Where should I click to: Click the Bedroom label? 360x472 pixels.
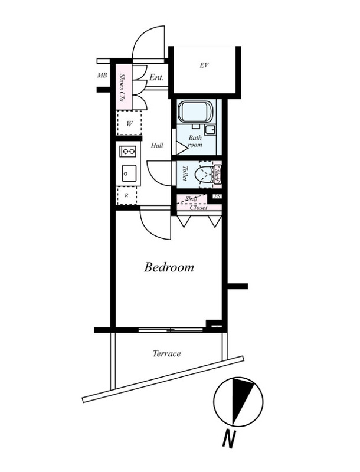click(x=169, y=267)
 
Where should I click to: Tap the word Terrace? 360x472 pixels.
click(x=167, y=353)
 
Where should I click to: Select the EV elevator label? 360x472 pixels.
click(x=204, y=65)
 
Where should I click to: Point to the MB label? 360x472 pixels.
click(x=102, y=76)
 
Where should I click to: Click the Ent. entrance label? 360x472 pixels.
click(x=156, y=77)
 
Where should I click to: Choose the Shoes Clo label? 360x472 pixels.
click(x=122, y=87)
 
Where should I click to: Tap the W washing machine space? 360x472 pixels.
click(x=129, y=123)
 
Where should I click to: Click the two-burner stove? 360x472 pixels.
click(x=128, y=151)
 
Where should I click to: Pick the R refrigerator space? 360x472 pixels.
click(x=127, y=195)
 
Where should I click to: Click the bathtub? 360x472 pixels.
click(x=195, y=112)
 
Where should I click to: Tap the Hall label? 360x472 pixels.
click(x=157, y=145)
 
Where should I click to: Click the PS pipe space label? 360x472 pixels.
click(x=217, y=196)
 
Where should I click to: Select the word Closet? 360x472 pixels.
click(x=198, y=208)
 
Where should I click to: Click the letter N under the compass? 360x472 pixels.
click(x=229, y=438)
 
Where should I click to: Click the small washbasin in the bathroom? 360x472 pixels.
click(x=210, y=130)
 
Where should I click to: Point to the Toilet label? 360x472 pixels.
click(x=185, y=173)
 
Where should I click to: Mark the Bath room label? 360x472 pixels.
click(x=195, y=141)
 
